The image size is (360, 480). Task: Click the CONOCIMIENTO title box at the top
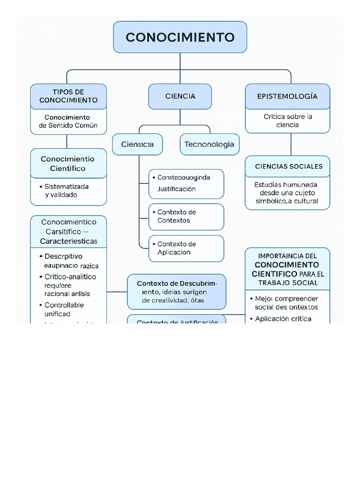tap(180, 37)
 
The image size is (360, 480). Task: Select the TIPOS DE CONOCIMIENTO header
tap(68, 96)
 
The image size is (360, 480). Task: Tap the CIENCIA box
tap(180, 96)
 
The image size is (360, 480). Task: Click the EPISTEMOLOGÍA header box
tap(287, 96)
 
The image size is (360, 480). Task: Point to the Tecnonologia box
tap(209, 144)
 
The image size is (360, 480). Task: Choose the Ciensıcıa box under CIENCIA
tap(137, 144)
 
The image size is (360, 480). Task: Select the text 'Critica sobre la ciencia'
tap(287, 120)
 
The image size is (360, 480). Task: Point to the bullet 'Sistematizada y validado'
tap(67, 190)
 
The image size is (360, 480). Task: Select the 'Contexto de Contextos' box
tap(186, 217)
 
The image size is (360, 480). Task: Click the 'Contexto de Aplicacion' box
tap(186, 248)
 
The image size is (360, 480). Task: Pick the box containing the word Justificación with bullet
tap(186, 184)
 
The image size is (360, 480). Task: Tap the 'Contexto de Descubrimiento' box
tap(176, 292)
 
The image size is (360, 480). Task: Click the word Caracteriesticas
tap(68, 241)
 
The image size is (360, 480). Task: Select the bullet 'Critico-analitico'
tap(70, 277)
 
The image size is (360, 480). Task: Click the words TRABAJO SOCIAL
tap(287, 283)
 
